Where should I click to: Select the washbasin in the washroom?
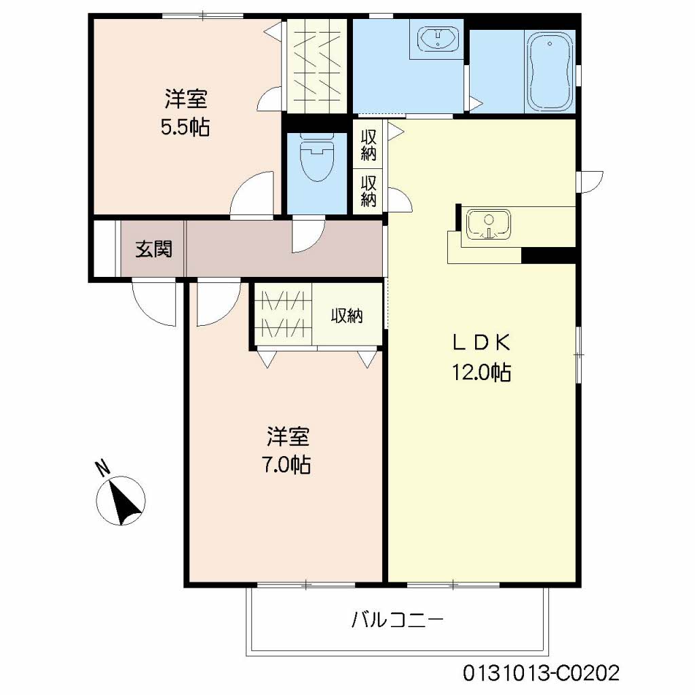pos(438,39)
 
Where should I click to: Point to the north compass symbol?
pos(121,501)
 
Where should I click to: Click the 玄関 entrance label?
pos(153,249)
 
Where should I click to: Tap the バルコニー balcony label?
pos(398,620)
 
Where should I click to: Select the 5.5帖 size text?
pos(185,128)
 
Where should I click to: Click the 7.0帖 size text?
pos(287,464)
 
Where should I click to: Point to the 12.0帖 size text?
pos(481,373)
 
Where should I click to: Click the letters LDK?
pos(481,343)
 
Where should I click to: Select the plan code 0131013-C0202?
pos(541,673)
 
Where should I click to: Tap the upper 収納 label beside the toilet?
pos(369,145)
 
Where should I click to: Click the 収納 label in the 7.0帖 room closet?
pos(347,316)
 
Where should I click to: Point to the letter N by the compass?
pos(103,468)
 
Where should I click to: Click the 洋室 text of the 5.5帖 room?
pos(186,98)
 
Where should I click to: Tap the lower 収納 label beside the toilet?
pos(369,191)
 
